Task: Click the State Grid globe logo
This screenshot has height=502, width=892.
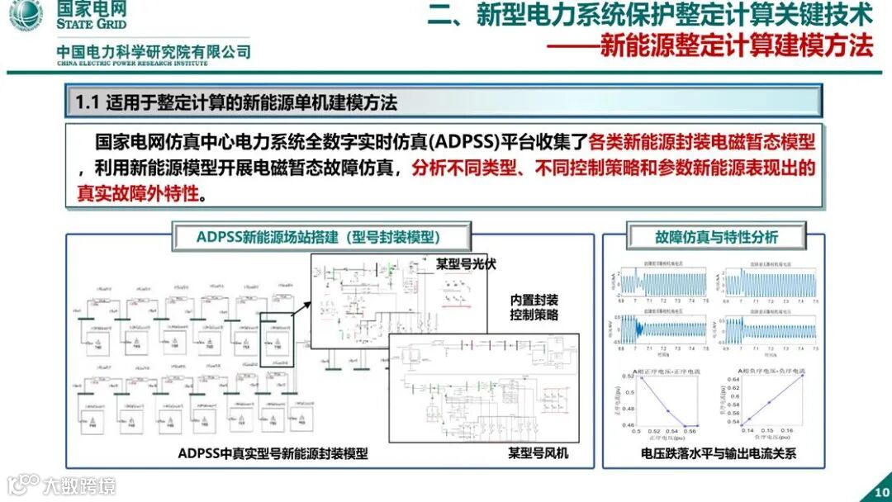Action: click(26, 17)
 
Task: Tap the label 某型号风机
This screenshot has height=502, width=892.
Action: click(538, 453)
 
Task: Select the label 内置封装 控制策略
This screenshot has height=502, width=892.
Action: click(534, 306)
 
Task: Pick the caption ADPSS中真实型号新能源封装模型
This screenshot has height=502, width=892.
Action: click(273, 453)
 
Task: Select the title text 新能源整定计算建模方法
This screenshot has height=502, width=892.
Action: click(736, 45)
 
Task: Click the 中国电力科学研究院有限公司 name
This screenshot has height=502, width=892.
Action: click(154, 52)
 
